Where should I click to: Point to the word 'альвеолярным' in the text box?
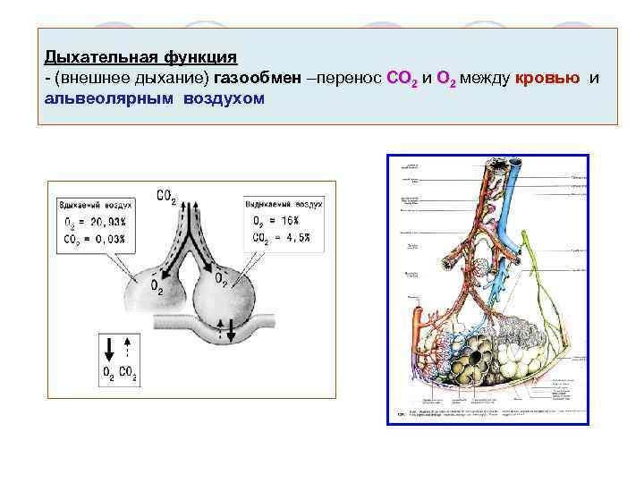coord(110,97)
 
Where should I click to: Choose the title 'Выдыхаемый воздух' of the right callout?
coord(284,205)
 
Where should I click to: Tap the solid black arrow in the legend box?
coord(108,350)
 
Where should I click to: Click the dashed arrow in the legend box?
coord(128,349)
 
